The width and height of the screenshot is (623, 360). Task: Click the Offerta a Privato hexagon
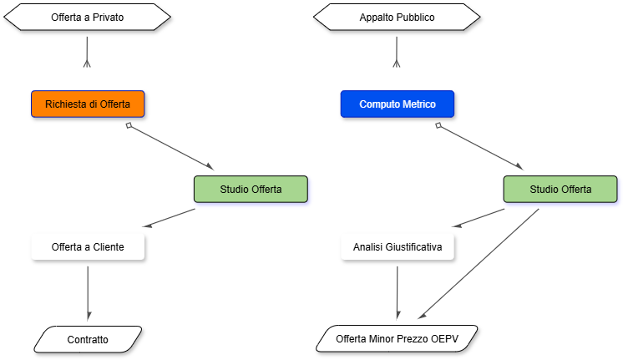point(88,17)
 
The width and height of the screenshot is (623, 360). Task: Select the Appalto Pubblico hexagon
point(397,17)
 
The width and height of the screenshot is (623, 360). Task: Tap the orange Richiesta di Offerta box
point(88,104)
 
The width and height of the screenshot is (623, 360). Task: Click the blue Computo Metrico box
point(397,104)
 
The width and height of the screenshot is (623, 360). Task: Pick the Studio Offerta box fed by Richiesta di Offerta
point(251,189)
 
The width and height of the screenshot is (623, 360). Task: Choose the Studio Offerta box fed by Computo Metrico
point(560,189)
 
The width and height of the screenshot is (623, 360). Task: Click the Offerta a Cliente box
point(88,247)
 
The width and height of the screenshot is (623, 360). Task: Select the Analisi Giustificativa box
point(398,247)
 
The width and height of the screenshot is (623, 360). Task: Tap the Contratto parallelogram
point(88,339)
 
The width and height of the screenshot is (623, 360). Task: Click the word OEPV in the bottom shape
point(444,339)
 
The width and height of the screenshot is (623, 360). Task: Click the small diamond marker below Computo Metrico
point(438,125)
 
